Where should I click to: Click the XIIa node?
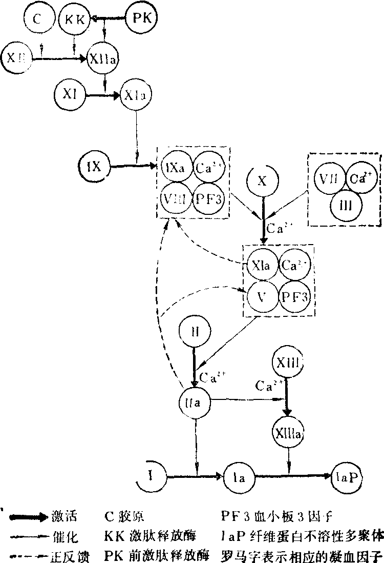pyautogui.click(x=104, y=59)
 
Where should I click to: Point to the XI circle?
pyautogui.click(x=70, y=94)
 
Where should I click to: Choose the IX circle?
pyautogui.click(x=94, y=166)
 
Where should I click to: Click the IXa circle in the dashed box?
pyautogui.click(x=175, y=167)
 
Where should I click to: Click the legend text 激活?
pyautogui.click(x=63, y=515)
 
